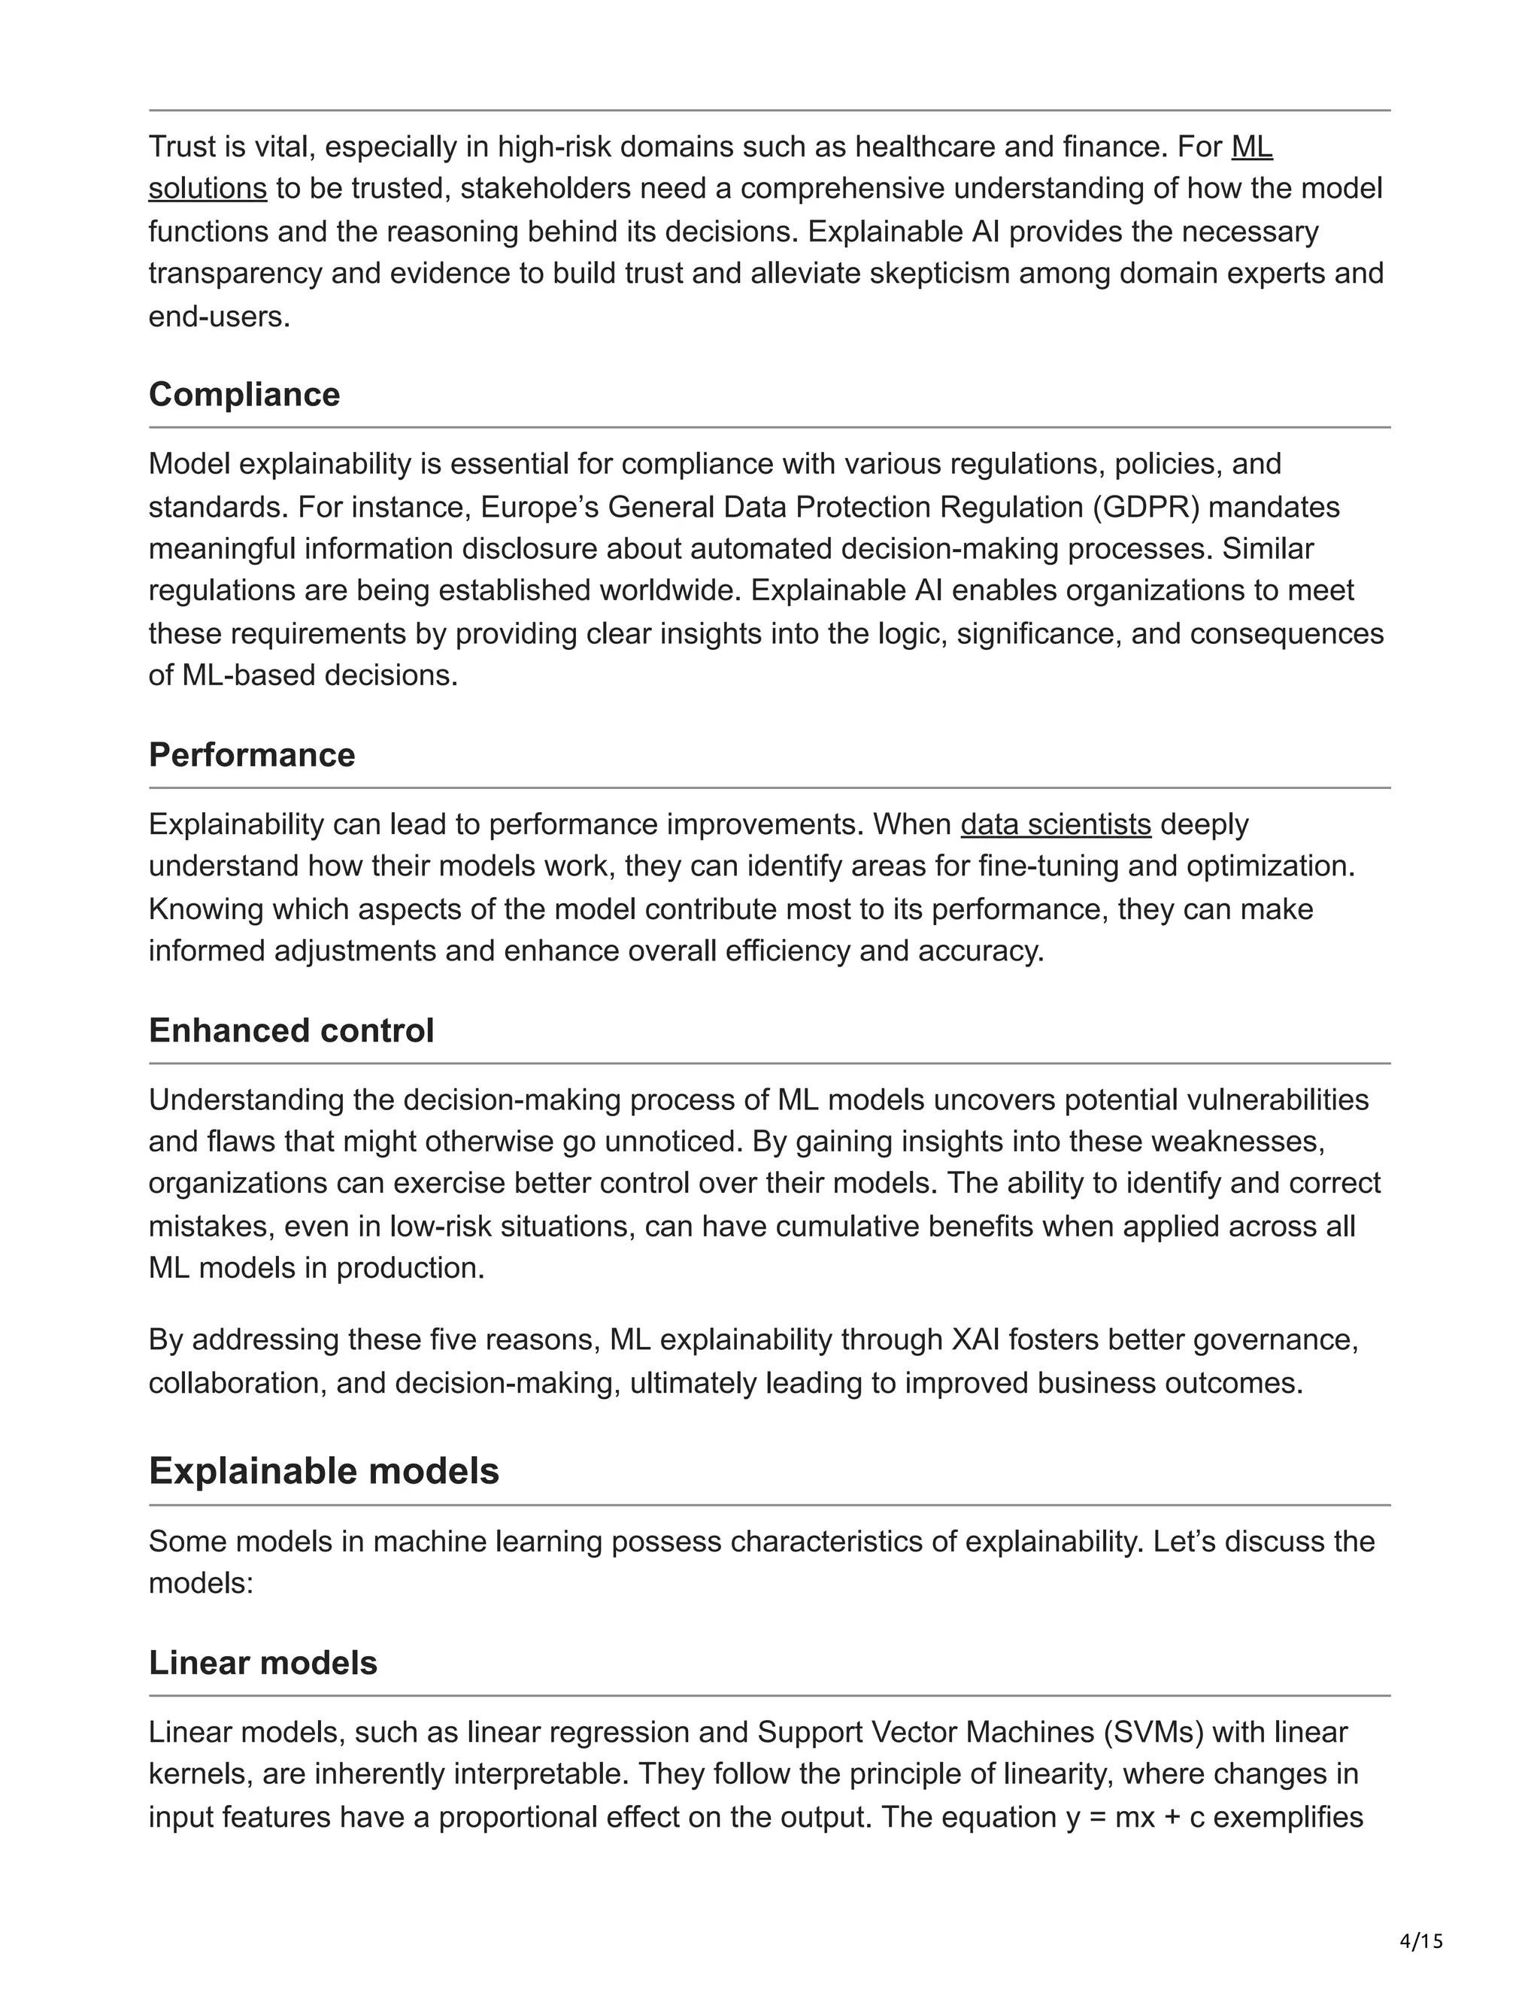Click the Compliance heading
pyautogui.click(x=244, y=394)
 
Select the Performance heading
pyautogui.click(x=252, y=754)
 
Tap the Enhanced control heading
pyautogui.click(x=291, y=1030)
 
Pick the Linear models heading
pyautogui.click(x=262, y=1663)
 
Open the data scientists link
pyautogui.click(x=1056, y=824)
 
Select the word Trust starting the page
pyautogui.click(x=181, y=146)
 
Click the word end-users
pyautogui.click(x=219, y=317)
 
